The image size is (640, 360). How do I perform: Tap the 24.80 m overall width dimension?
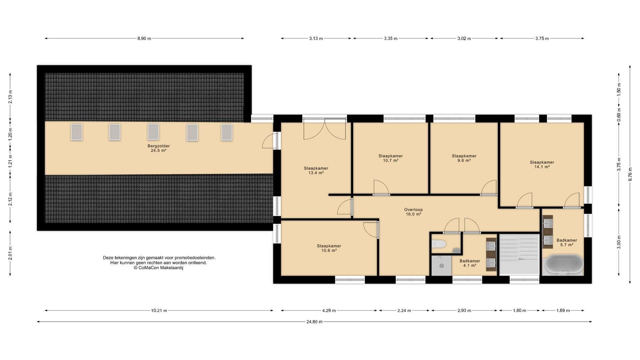pos(314,322)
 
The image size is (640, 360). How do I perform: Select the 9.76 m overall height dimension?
pos(630,174)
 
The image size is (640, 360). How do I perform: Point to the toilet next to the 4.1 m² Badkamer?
pos(439,244)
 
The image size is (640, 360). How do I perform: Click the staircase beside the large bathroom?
pos(519,254)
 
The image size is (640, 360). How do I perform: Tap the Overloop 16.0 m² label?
pos(413,212)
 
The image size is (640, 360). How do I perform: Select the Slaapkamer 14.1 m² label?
pos(542,165)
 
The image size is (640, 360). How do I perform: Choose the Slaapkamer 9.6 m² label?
pos(464,158)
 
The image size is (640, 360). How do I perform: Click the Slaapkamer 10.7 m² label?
pos(391,158)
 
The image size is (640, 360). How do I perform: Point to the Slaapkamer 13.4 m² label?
pos(316,170)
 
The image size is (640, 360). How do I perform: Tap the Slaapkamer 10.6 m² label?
pos(329,248)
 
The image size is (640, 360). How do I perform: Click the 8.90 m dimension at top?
pos(144,38)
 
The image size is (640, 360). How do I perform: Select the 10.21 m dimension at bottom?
pos(159,311)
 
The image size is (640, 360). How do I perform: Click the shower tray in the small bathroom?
pos(441,265)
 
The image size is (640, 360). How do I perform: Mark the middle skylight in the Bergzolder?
pos(153,132)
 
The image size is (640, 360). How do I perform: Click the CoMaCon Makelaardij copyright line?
pos(159,268)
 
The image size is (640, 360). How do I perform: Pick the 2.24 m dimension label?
pos(404,311)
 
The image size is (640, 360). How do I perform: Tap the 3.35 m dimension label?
pos(391,38)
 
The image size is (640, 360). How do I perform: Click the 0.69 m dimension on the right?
pos(619,115)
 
